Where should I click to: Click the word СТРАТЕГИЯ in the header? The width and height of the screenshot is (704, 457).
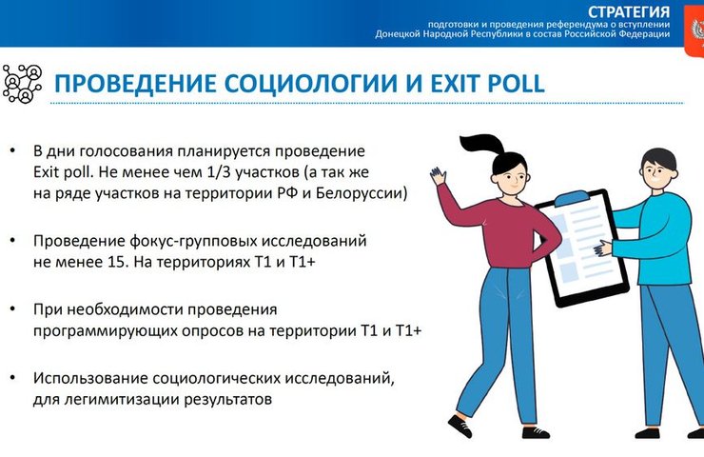pyautogui.click(x=628, y=11)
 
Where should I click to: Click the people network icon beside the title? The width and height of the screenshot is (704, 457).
pyautogui.click(x=23, y=83)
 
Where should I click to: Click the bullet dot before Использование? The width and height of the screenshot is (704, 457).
pyautogui.click(x=12, y=379)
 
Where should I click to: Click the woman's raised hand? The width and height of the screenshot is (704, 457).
pyautogui.click(x=439, y=175)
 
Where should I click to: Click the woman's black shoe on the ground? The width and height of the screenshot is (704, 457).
pyautogui.click(x=459, y=427)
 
